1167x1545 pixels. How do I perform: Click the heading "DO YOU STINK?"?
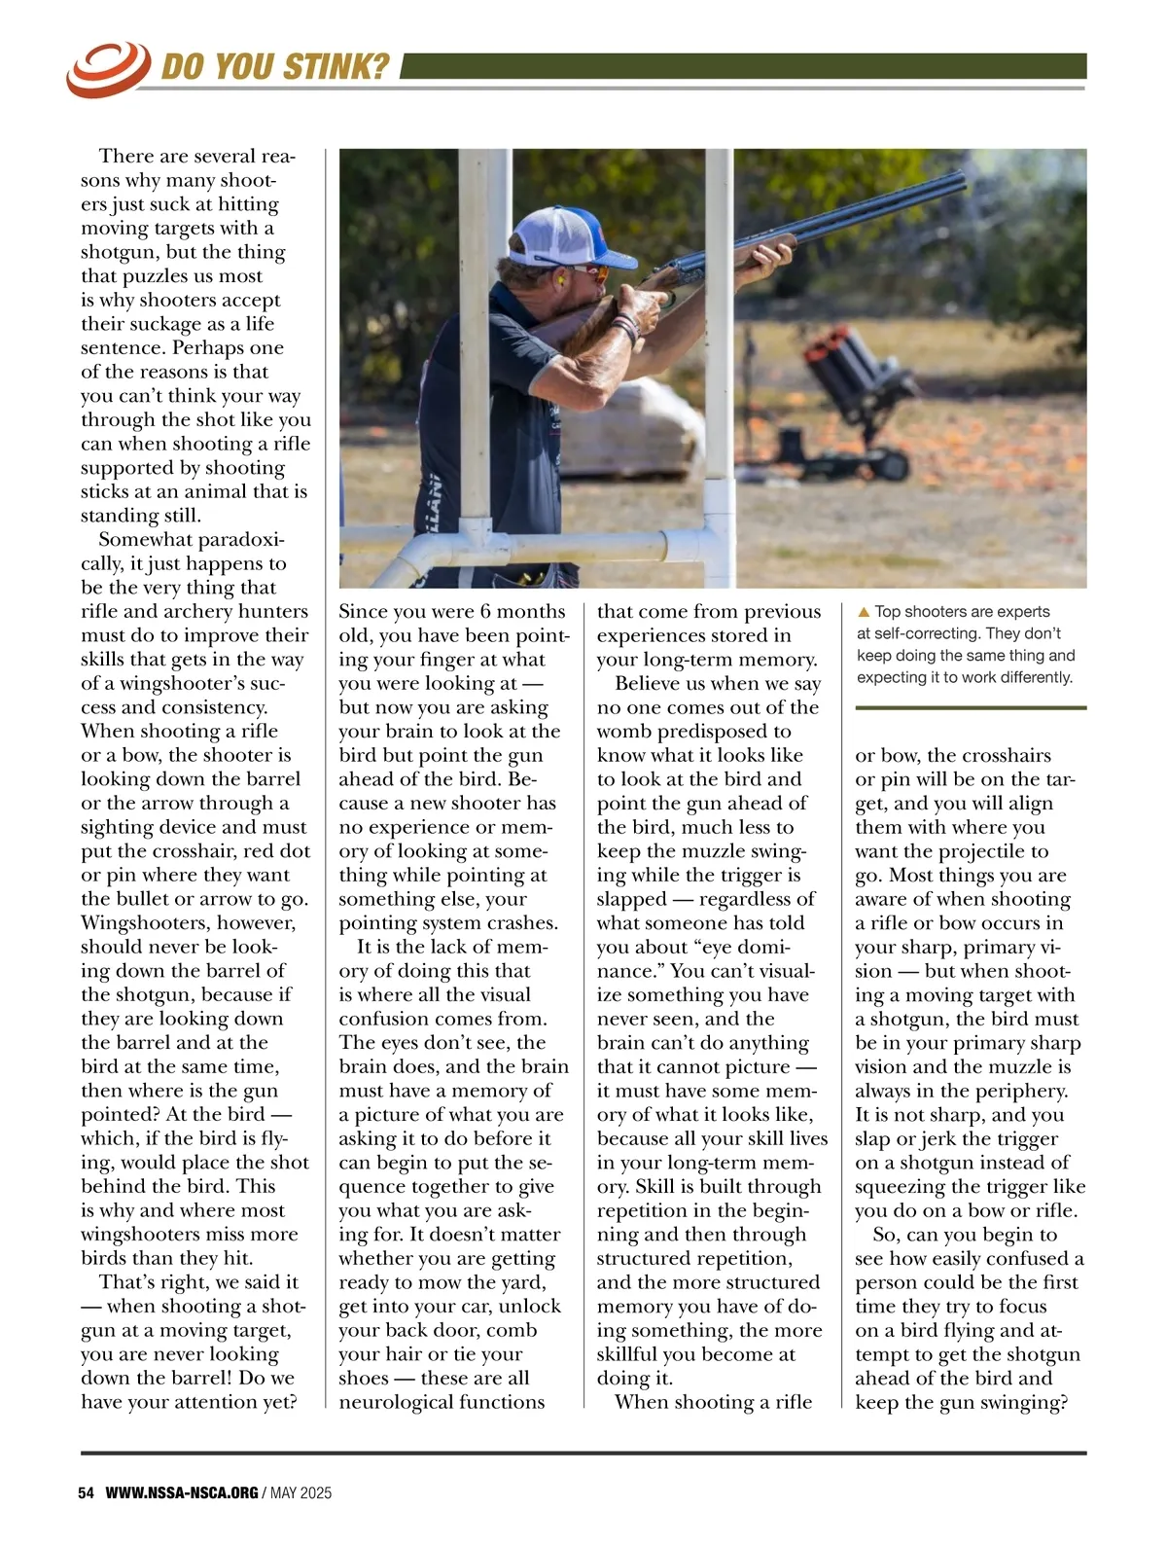[x=274, y=66]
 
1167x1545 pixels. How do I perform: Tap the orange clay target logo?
[x=108, y=67]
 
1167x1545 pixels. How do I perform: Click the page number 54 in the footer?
[x=86, y=1492]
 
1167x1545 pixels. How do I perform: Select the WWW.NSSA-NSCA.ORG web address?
[x=182, y=1492]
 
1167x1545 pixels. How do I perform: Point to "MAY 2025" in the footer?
[x=301, y=1492]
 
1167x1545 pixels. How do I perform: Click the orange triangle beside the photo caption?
[x=863, y=613]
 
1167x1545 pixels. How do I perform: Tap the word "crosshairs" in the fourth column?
[x=1002, y=755]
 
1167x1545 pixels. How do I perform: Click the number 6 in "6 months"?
[x=485, y=612]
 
